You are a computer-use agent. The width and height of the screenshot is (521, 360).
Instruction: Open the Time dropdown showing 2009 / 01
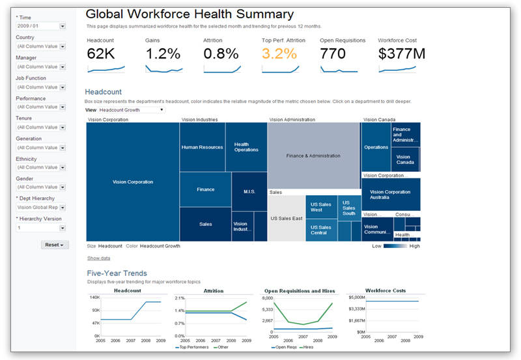click(41, 26)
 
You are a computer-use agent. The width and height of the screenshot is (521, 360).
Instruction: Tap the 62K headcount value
click(100, 53)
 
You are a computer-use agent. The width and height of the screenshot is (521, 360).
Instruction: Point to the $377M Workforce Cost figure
click(401, 53)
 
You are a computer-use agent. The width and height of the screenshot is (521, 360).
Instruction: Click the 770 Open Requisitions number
click(332, 53)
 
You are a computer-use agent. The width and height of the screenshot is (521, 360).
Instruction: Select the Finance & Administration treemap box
click(314, 156)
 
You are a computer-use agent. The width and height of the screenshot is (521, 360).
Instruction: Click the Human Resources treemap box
click(202, 147)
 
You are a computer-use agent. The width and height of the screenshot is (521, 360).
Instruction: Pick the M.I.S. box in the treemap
click(249, 191)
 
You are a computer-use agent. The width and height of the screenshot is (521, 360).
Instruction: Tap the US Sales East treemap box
click(287, 219)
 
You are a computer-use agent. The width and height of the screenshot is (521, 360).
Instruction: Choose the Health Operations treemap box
click(246, 147)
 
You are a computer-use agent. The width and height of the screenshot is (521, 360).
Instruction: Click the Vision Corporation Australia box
click(390, 195)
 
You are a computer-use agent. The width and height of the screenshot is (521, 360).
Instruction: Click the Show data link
click(98, 258)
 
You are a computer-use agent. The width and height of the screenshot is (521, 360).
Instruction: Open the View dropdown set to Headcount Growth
click(131, 110)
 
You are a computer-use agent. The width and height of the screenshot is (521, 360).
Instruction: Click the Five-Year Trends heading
click(116, 273)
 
